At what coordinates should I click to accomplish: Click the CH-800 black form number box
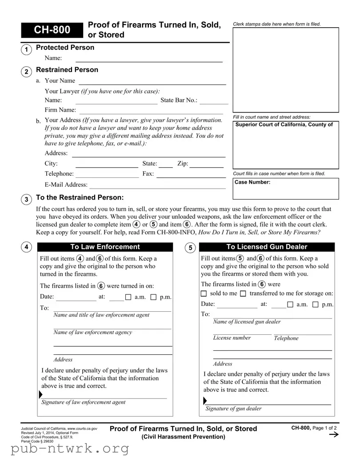52,30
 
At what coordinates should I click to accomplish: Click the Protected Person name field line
149,61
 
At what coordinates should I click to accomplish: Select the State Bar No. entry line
214,103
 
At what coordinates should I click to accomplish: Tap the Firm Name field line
151,113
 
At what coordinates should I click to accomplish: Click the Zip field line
207,167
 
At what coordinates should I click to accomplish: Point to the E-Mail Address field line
157,188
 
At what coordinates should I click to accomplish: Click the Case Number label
252,182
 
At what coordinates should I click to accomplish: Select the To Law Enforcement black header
105,247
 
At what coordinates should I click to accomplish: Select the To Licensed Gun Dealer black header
266,247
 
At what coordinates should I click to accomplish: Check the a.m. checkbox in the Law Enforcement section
128,297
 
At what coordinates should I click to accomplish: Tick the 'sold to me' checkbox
204,294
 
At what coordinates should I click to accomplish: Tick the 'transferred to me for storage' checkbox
243,294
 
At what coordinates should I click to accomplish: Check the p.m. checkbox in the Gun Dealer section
316,305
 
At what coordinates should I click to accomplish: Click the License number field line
242,333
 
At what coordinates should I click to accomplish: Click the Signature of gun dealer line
269,404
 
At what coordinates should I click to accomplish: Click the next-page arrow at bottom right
332,435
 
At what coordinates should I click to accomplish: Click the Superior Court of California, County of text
284,125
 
